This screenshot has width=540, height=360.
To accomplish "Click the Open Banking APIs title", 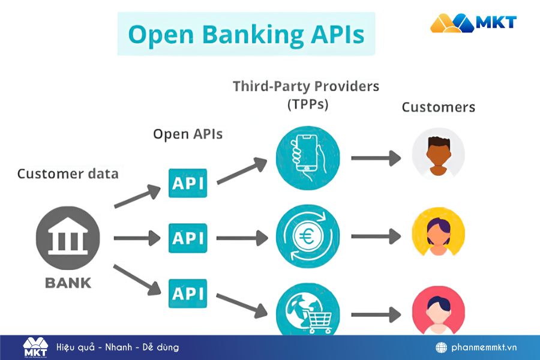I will pos(246,34).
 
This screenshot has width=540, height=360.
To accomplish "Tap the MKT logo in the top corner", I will pos(473,23).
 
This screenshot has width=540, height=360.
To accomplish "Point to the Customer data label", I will pos(68,174).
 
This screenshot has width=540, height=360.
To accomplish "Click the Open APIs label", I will pos(188,134).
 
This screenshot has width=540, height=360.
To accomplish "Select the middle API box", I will pos(188,238).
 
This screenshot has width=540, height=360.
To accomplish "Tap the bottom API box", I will pos(188,293).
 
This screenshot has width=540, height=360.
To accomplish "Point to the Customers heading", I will pos(438,107).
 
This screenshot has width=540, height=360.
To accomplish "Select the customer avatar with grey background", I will pos(438,154).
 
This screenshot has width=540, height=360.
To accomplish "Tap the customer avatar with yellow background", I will pos(438,233).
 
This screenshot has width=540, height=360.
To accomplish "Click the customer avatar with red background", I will pos(438,311).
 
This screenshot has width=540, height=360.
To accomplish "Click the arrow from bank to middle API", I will pos(137,238).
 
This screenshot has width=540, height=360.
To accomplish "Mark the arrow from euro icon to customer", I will pos(376,236).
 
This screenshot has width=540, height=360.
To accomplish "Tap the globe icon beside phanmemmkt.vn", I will pos(442,347).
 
